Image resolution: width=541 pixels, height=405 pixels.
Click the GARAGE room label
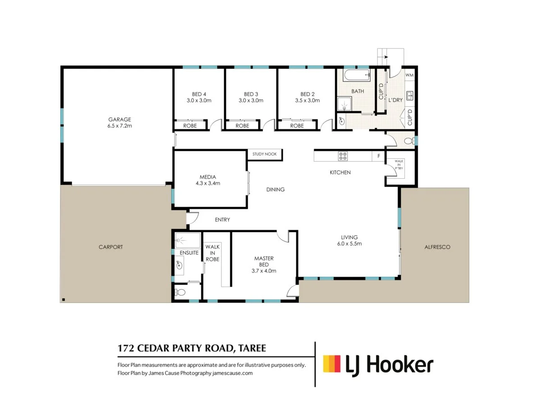119,119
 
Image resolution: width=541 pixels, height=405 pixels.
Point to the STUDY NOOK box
265,154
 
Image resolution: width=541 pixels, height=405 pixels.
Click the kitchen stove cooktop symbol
343,156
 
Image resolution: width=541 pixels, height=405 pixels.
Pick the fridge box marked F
379,156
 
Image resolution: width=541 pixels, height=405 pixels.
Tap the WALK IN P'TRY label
399,164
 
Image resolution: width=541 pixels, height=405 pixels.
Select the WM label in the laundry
409,75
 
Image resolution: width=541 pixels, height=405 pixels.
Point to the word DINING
275,189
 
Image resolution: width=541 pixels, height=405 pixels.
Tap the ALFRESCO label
437,247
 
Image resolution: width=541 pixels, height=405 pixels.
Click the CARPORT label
110,247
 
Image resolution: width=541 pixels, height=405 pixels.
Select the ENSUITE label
189,253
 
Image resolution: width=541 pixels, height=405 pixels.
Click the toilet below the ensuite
181,292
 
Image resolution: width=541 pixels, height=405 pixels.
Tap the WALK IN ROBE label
212,253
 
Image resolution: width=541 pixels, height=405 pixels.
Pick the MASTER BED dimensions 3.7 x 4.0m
264,271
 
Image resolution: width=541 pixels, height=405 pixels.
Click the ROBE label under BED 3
242,126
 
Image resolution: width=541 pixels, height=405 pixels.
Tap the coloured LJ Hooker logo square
332,364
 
